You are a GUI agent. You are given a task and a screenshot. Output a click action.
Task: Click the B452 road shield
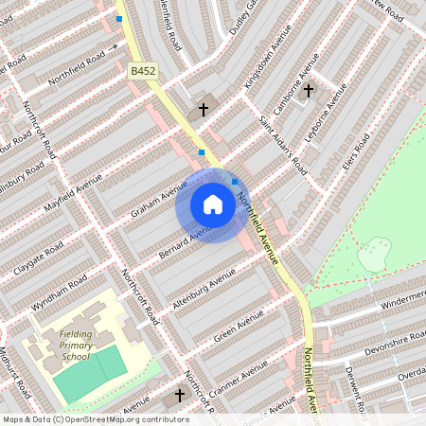click(x=142, y=71)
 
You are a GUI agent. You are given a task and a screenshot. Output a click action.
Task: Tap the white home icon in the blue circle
click(x=213, y=204)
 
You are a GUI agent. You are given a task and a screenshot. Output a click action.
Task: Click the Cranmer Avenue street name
click(x=240, y=379)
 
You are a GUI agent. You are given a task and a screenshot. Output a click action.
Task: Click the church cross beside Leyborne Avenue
click(x=308, y=92)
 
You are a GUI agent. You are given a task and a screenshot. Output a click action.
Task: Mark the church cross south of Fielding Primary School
click(x=180, y=395)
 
